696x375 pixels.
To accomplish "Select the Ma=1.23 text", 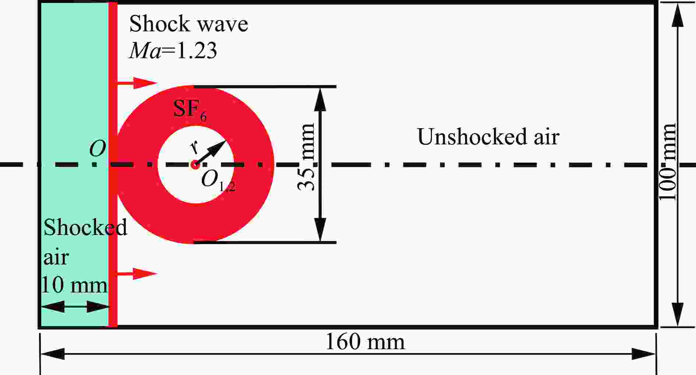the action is (x=173, y=50).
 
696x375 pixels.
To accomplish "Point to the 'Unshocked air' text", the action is (x=488, y=137).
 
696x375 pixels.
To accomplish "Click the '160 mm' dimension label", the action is (x=365, y=342).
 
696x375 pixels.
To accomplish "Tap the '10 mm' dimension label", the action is (x=74, y=285).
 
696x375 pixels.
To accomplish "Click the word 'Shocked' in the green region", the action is (x=85, y=227).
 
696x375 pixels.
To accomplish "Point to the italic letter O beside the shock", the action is (x=98, y=149).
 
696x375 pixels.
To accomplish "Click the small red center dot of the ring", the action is (x=195, y=165).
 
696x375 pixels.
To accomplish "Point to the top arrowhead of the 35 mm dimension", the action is (x=320, y=99).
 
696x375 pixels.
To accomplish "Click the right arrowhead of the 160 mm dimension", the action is (x=644, y=354).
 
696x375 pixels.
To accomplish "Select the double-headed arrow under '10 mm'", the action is (x=75, y=306).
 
